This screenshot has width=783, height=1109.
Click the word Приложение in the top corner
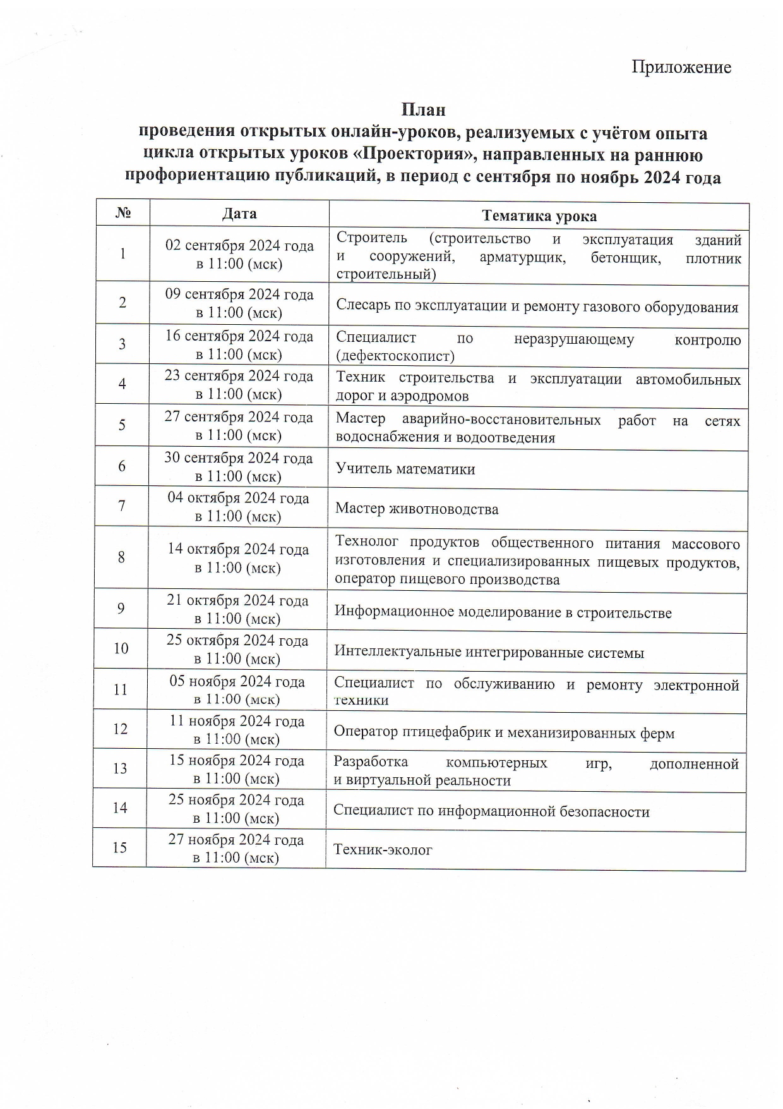tap(681, 68)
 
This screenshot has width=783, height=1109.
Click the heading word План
tap(423, 110)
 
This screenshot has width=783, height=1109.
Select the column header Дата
tap(239, 214)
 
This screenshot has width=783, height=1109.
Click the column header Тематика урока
tap(539, 216)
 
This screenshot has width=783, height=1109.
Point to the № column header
tap(123, 214)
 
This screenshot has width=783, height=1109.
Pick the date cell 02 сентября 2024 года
tap(239, 246)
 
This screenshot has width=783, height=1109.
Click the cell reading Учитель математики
tap(405, 469)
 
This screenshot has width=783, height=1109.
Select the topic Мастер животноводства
tap(416, 509)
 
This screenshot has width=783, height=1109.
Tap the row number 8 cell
tap(121, 557)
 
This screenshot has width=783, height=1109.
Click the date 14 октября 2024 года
tap(237, 550)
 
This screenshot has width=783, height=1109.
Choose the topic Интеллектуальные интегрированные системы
tap(489, 652)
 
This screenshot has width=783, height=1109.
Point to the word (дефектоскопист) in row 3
tap(395, 356)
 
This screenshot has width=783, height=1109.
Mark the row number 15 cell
tap(119, 847)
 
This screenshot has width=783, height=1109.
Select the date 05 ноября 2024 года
tap(237, 682)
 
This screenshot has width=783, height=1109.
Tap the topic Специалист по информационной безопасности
tap(491, 811)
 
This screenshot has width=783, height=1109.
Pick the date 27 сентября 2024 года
tap(238, 418)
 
